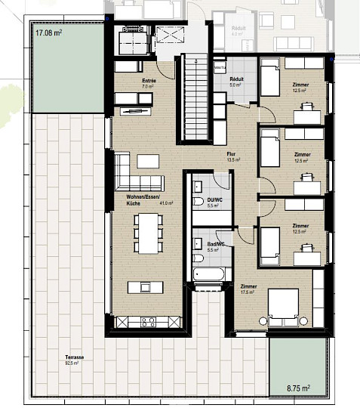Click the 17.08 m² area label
(x=46, y=32)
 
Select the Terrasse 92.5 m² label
(x=73, y=360)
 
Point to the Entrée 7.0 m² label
(x=148, y=84)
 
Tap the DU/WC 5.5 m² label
(x=212, y=202)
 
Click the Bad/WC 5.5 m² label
(x=214, y=246)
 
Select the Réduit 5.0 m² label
(x=235, y=82)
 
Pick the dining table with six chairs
(x=147, y=233)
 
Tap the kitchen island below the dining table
(x=146, y=287)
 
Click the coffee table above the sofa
(x=148, y=161)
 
